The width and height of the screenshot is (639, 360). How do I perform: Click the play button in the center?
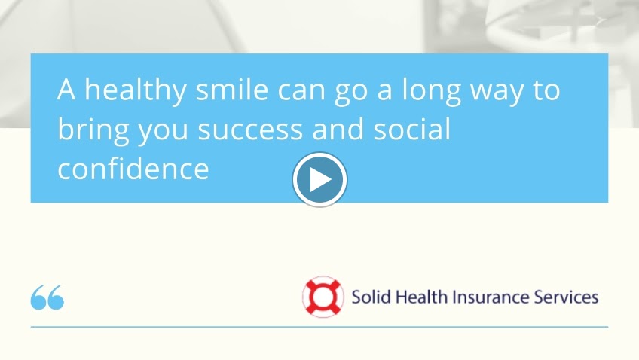(319, 180)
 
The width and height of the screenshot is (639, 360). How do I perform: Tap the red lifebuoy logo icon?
(323, 296)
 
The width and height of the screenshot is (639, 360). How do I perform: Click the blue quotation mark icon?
(47, 297)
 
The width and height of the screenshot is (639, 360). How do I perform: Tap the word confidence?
(133, 169)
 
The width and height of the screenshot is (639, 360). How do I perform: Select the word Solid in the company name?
(369, 296)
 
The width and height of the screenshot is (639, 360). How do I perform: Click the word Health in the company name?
(420, 296)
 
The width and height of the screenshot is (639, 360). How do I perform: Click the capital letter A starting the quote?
(67, 90)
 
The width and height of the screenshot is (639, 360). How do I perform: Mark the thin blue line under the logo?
(319, 327)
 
